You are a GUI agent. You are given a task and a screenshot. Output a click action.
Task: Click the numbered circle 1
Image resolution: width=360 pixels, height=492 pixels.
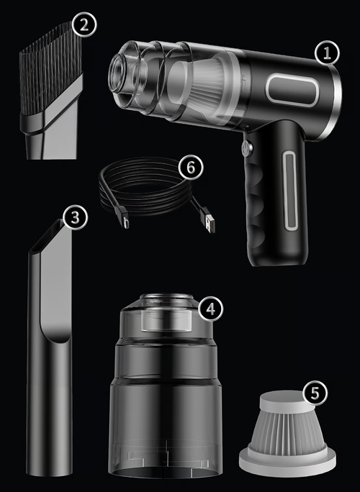click(x=327, y=53)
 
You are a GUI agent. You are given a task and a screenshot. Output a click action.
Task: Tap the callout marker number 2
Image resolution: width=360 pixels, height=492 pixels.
click(x=84, y=24)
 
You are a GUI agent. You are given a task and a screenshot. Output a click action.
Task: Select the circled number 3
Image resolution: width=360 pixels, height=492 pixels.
click(x=75, y=217)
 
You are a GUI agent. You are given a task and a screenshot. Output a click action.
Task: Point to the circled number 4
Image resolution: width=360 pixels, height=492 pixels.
click(x=210, y=309)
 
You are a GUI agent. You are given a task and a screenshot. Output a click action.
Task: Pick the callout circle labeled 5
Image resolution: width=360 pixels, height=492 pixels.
click(x=315, y=393)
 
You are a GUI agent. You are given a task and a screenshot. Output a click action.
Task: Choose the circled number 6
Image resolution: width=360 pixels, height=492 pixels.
click(x=191, y=168)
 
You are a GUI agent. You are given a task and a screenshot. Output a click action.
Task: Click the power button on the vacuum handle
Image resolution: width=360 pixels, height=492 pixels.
click(x=246, y=147)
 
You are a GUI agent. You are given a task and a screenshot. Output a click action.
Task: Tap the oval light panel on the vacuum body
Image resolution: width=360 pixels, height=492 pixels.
click(x=292, y=89)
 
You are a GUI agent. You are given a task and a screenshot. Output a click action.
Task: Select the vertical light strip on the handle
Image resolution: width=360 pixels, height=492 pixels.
click(x=289, y=190)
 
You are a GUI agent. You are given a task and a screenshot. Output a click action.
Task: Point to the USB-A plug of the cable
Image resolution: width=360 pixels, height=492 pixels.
click(x=209, y=222)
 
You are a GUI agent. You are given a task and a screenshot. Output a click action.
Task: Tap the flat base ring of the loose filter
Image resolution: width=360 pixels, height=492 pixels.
click(x=287, y=463)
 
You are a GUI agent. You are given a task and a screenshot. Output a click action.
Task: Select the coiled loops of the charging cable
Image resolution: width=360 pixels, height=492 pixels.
click(x=145, y=186)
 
